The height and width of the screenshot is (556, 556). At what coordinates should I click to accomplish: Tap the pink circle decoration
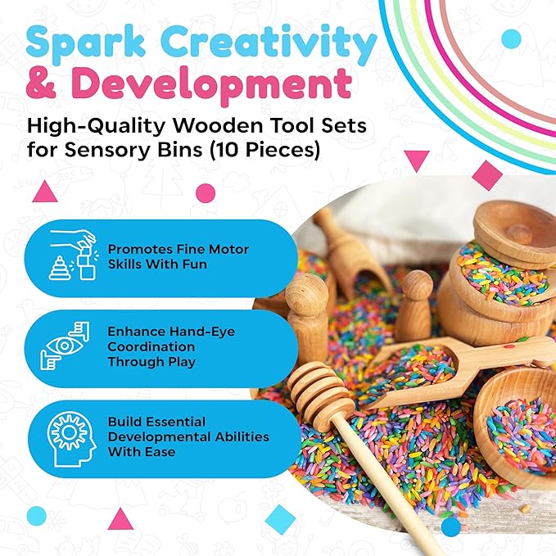point(206,193)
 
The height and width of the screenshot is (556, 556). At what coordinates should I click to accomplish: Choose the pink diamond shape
point(487,174)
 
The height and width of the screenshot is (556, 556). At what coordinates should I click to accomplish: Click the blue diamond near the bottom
point(281,518)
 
